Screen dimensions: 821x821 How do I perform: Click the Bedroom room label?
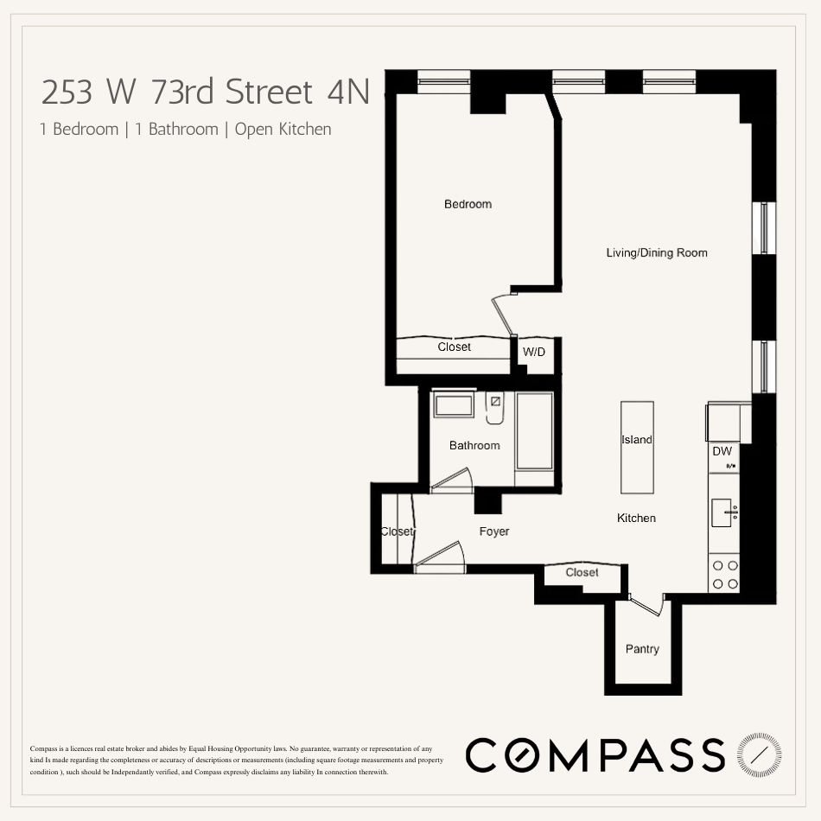[x=468, y=204]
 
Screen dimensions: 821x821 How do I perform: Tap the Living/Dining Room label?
[x=656, y=252]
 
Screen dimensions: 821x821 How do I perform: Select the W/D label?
[x=534, y=353]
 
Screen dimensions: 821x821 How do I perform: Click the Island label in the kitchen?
[x=637, y=440]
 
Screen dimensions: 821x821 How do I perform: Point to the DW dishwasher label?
[x=722, y=451]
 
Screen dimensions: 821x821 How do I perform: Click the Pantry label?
[x=642, y=649]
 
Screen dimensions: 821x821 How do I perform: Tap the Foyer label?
[x=494, y=531]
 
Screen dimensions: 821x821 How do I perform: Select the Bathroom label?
[x=474, y=445]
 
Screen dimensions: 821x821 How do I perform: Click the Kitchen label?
[x=636, y=518]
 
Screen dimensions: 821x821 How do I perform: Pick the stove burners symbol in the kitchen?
[x=725, y=575]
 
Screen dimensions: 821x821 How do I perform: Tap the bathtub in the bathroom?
[x=534, y=431]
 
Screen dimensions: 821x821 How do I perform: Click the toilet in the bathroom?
[x=494, y=408]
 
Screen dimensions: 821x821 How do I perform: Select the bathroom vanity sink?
[x=453, y=405]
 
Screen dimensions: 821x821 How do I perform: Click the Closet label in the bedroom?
[x=454, y=347]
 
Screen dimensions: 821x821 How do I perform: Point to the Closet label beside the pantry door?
[x=582, y=572]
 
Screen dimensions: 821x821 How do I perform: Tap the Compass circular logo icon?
[x=759, y=755]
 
